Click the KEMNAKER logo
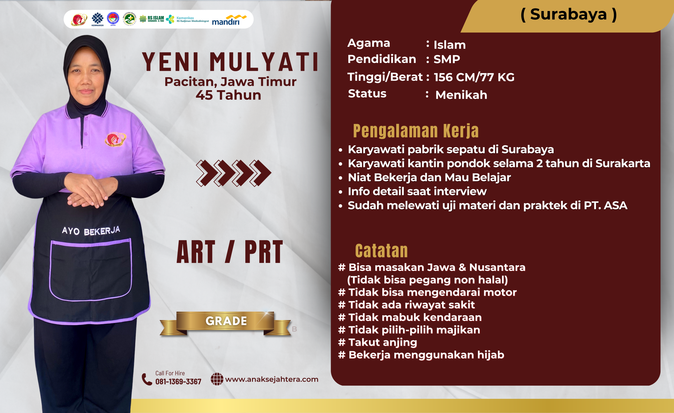(x=97, y=19)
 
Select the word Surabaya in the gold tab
(x=568, y=14)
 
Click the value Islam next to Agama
(x=450, y=44)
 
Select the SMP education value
(x=447, y=59)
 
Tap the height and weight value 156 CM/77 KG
(x=474, y=77)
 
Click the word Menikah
(x=461, y=95)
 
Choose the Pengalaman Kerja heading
(x=416, y=131)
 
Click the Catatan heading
(x=381, y=251)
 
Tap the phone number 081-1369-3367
(x=178, y=382)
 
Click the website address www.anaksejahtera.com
(x=272, y=379)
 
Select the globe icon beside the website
(x=217, y=379)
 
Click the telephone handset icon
(x=147, y=379)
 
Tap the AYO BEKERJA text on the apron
(x=91, y=231)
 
